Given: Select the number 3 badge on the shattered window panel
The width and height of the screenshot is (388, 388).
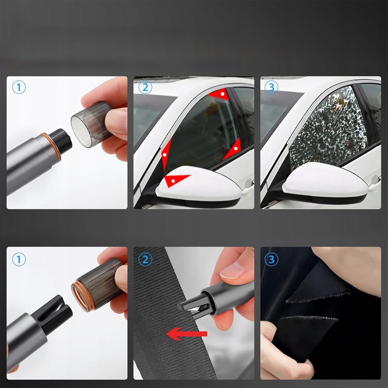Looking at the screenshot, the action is pyautogui.click(x=272, y=87).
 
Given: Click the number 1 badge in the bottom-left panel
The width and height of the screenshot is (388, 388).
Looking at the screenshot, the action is pyautogui.click(x=19, y=259).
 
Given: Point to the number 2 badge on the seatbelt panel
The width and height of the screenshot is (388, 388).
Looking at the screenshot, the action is pyautogui.click(x=145, y=259).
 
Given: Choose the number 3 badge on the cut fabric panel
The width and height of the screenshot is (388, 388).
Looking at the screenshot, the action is pyautogui.click(x=272, y=259).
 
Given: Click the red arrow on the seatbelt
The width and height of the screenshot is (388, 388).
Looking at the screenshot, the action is pyautogui.click(x=187, y=334).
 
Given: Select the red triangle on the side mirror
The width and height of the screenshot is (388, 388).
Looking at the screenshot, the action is pyautogui.click(x=176, y=180).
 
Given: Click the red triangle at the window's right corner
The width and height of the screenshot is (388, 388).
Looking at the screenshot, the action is pyautogui.click(x=233, y=149).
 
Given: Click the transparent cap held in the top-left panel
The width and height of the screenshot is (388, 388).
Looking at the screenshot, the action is pyautogui.click(x=92, y=124).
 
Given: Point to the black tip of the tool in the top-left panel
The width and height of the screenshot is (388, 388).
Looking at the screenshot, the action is pyautogui.click(x=60, y=142).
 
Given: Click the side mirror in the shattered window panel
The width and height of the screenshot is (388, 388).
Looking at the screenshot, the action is pyautogui.click(x=324, y=183).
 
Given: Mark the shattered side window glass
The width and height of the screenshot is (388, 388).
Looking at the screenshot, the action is pyautogui.click(x=327, y=129).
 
